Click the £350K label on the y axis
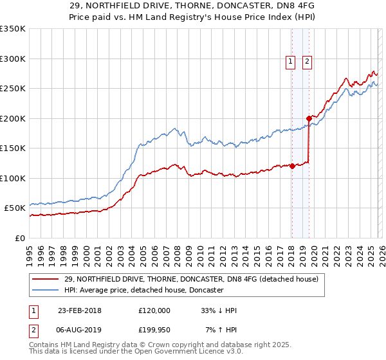(x=12, y=29)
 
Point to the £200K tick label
(x=12, y=118)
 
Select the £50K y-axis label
(x=15, y=208)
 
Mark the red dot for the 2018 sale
(x=292, y=166)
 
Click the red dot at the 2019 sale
(x=309, y=118)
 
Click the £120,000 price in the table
(x=154, y=310)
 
